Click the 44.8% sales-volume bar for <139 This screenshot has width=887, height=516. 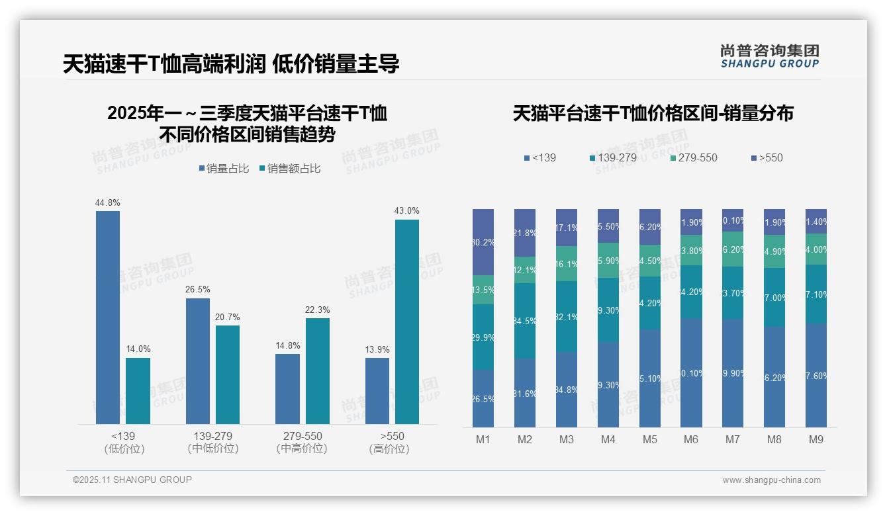(x=108, y=318)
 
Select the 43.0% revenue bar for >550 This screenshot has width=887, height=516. (x=407, y=322)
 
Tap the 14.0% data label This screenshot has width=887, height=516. (x=138, y=349)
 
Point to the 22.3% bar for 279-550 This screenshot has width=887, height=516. (x=318, y=371)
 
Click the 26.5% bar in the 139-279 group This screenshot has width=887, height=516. (x=198, y=361)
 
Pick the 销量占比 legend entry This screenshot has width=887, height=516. (x=224, y=169)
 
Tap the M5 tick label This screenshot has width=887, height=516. (x=650, y=439)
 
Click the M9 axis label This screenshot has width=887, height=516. (x=816, y=439)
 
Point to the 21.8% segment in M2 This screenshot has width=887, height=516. (x=525, y=233)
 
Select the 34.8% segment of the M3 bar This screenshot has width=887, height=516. (x=567, y=389)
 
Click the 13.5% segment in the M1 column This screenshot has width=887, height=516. (x=483, y=290)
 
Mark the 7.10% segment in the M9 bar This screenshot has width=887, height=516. (x=816, y=294)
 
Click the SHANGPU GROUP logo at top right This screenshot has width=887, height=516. (x=769, y=56)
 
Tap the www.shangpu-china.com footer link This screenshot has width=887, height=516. (x=771, y=480)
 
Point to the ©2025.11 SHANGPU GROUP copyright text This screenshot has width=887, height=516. (x=132, y=480)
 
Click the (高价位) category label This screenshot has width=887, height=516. (x=389, y=449)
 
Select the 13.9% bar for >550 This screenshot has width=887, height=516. (x=377, y=391)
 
